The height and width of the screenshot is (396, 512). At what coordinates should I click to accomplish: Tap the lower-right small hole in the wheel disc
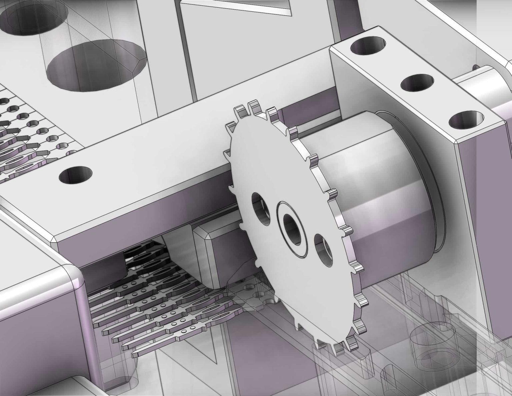click(x=324, y=250)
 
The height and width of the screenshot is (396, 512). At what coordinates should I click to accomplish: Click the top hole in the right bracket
click(x=368, y=46)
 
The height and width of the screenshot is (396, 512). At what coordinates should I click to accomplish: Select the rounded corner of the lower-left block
click(x=75, y=277)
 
